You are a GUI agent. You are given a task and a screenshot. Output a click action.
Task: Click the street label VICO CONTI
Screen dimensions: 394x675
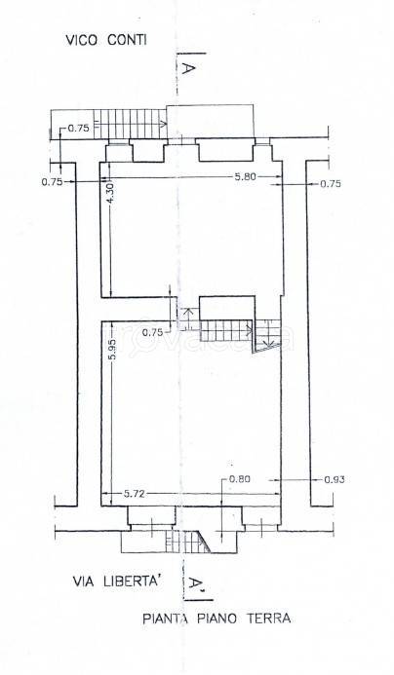pyautogui.click(x=106, y=40)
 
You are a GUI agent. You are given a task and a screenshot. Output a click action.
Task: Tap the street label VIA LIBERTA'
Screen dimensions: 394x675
pyautogui.click(x=117, y=581)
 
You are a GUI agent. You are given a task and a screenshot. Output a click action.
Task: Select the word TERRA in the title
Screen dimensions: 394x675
pyautogui.click(x=269, y=619)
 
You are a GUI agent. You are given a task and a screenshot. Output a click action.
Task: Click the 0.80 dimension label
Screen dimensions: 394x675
pyautogui.click(x=240, y=478)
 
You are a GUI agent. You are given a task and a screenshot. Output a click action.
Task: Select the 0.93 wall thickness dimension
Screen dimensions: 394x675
pyautogui.click(x=334, y=479)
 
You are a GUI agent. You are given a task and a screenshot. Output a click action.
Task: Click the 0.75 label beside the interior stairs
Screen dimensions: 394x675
pyautogui.click(x=153, y=332)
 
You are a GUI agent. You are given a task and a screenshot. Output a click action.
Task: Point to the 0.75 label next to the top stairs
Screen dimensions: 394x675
pyautogui.click(x=78, y=128)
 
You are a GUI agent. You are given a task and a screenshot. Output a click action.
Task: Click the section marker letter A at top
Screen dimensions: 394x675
pyautogui.click(x=187, y=68)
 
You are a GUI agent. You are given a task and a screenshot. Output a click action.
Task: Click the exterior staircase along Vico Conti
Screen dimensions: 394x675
pyautogui.click(x=130, y=124)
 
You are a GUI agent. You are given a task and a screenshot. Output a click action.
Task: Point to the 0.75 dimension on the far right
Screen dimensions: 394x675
pyautogui.click(x=331, y=184)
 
